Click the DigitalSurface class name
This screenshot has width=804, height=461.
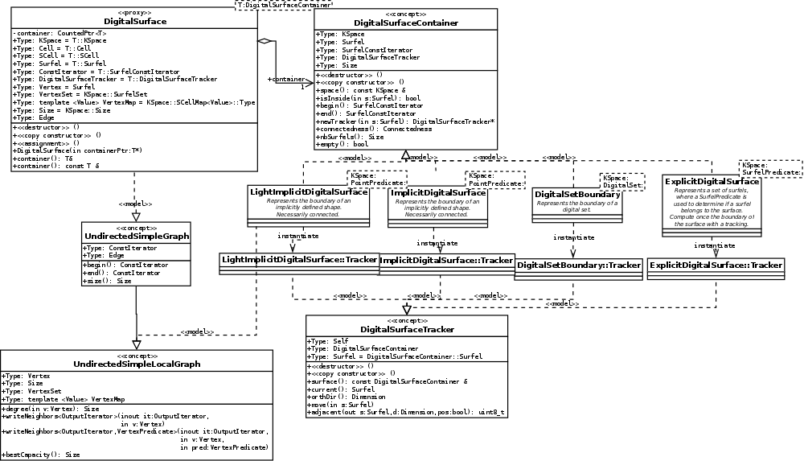point(135,22)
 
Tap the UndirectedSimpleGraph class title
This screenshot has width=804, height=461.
point(136,237)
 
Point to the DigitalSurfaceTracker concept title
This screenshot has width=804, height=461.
point(407,330)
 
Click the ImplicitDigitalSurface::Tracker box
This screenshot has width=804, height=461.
point(446,261)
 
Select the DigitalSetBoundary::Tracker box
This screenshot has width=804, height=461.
point(579,265)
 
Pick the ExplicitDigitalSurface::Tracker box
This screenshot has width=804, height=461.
point(716,264)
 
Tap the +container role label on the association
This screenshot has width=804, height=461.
point(285,79)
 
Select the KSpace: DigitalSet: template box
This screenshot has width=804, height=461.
point(621,181)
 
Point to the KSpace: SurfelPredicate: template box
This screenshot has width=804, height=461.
point(770,169)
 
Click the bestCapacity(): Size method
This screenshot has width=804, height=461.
point(42,455)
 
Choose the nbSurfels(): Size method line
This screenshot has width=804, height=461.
point(350,137)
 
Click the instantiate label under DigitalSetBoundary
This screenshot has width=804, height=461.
point(574,237)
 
